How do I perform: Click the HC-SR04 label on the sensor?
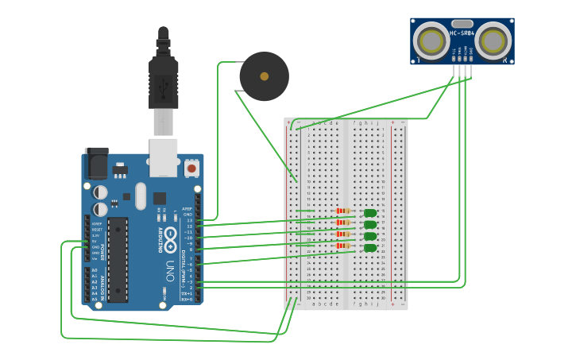point(462,33)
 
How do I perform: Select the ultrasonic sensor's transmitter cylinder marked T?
point(431,40)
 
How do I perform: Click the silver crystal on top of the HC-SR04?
point(462,23)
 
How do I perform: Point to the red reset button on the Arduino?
point(191,168)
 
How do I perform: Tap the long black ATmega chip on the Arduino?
point(118,259)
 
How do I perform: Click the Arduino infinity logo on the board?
point(170,235)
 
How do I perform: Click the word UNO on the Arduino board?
point(170,270)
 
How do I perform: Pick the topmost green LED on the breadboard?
point(370,213)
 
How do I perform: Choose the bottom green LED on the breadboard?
point(370,248)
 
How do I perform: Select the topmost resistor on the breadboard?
point(342,211)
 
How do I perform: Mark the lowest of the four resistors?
point(342,246)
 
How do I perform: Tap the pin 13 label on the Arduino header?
point(189,220)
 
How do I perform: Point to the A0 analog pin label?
point(95,270)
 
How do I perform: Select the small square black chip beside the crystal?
point(160,198)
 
